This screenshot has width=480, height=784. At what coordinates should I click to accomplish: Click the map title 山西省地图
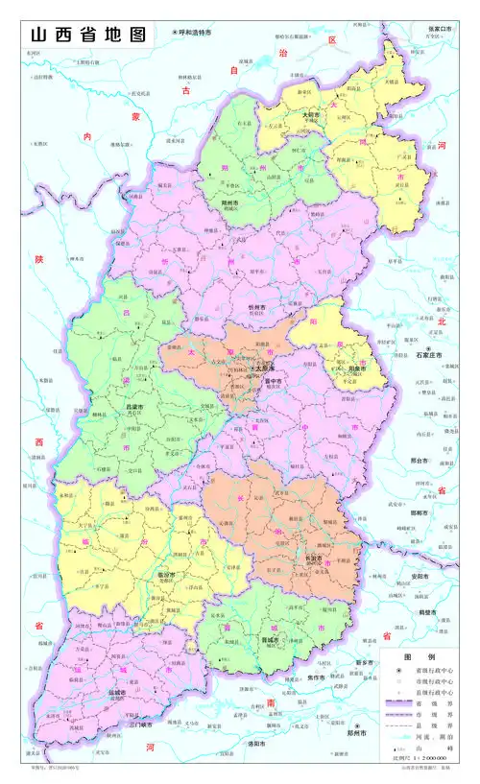[x=87, y=35]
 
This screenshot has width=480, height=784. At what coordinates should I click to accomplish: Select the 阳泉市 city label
[x=356, y=368]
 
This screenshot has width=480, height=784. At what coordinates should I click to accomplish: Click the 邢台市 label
[x=419, y=460]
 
